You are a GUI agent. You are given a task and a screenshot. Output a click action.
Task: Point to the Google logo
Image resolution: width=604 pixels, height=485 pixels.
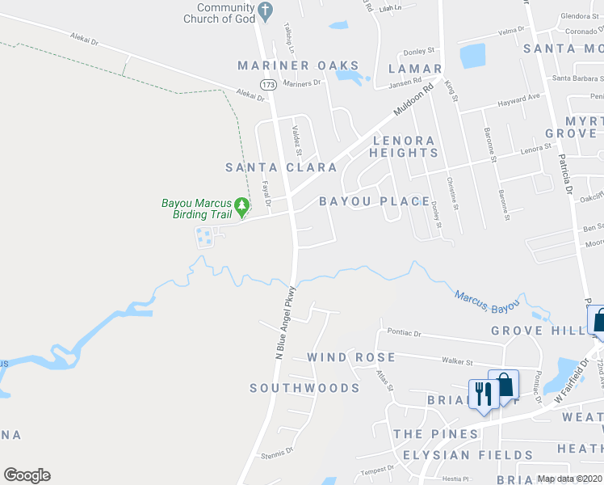pyautogui.click(x=27, y=475)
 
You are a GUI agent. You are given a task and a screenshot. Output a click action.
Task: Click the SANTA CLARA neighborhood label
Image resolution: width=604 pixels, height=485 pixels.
pyautogui.click(x=281, y=167)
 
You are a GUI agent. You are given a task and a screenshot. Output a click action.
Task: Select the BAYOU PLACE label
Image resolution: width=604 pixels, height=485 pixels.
pyautogui.click(x=374, y=201)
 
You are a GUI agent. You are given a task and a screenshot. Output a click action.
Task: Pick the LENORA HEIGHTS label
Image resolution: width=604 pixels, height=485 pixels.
pyautogui.click(x=403, y=145)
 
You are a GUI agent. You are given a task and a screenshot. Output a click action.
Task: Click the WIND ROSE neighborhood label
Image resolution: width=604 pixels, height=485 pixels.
pyautogui.click(x=351, y=357)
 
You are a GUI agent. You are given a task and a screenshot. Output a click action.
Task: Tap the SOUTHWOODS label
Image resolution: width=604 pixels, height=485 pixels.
pyautogui.click(x=304, y=388)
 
